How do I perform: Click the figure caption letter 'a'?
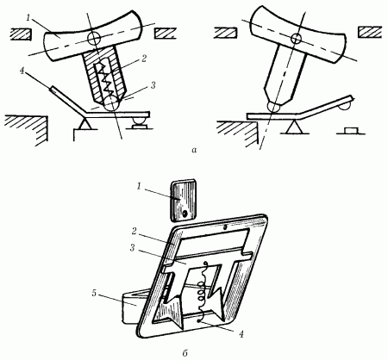coord(194,150)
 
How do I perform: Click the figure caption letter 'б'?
coord(185,353)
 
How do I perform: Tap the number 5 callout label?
coord(94,293)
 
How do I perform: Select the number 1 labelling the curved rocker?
coord(28,18)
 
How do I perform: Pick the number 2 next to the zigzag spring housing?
coord(144,59)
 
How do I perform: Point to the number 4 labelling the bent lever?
coord(22,71)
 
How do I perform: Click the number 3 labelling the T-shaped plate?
coord(132,248)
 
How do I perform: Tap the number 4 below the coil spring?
coord(241,333)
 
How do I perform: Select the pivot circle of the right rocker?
coord(296,38)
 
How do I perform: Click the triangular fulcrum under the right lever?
coord(293,127)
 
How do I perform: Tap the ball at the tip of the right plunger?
coord(274,107)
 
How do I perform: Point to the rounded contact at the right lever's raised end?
coord(345,106)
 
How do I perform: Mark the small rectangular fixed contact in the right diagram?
coord(351,131)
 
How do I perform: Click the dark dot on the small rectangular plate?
coord(185,213)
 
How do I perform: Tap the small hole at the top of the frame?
coord(225,227)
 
